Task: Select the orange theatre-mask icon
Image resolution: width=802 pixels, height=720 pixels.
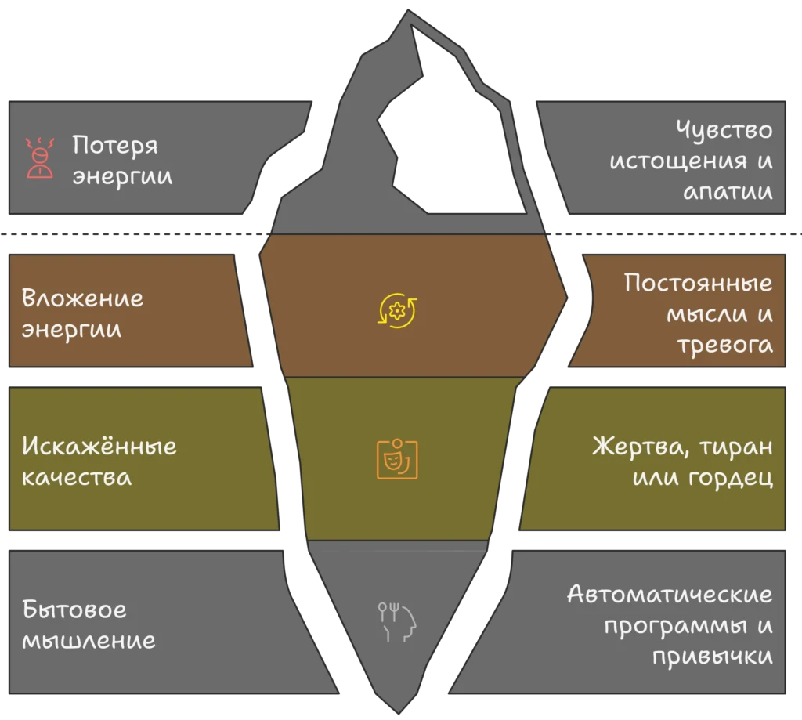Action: tap(398, 458)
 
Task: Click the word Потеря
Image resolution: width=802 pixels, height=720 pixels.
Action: tap(115, 146)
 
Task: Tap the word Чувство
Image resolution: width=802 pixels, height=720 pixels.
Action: tap(724, 129)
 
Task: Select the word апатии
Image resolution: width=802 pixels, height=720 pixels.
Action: tap(728, 192)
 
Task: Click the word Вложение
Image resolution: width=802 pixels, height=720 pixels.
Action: tap(83, 298)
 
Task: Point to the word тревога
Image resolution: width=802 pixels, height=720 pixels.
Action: tap(724, 346)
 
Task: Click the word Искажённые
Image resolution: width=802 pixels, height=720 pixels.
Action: tap(99, 447)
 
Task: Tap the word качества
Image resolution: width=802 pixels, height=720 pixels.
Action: tap(77, 477)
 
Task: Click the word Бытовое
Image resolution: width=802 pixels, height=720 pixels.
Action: tap(74, 609)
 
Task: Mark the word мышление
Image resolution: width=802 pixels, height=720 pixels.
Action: tap(89, 640)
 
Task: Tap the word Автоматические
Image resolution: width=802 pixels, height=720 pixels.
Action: tap(670, 594)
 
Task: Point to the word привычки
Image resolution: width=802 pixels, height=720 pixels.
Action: tap(712, 656)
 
